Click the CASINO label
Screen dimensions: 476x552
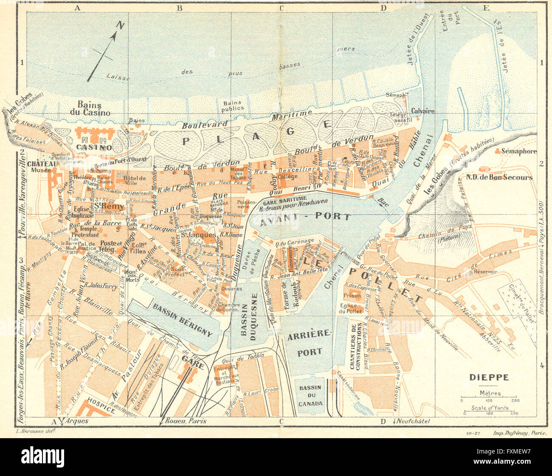click(94, 147)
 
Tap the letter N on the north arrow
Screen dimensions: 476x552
click(121, 26)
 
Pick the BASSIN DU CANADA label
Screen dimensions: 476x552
click(310, 396)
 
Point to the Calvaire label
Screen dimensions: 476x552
click(422, 111)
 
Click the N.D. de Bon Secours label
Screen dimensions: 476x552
click(505, 177)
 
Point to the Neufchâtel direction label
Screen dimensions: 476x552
click(411, 421)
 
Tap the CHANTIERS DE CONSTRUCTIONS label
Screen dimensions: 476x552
click(359, 346)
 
